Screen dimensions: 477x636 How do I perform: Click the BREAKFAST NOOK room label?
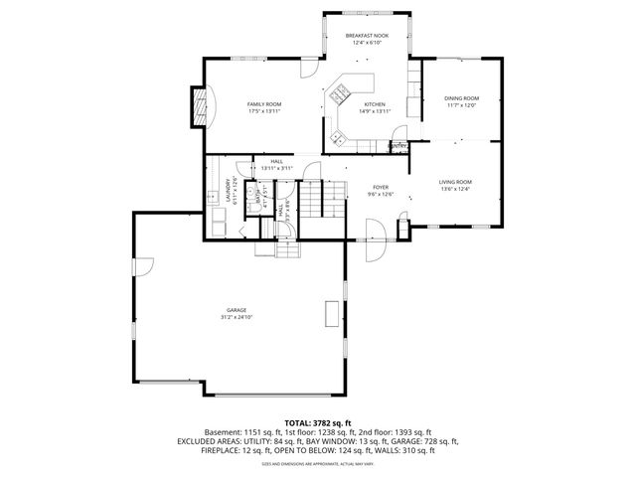click(367, 36)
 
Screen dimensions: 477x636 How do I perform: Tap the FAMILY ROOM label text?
click(264, 103)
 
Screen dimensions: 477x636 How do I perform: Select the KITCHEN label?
click(374, 104)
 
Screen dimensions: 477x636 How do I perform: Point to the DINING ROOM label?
click(461, 97)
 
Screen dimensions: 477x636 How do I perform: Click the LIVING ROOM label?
click(455, 182)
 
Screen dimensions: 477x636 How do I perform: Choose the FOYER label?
click(381, 187)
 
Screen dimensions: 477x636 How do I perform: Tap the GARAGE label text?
click(236, 310)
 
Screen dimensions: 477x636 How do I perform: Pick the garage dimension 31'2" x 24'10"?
click(236, 318)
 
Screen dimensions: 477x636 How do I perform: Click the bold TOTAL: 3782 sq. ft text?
click(317, 423)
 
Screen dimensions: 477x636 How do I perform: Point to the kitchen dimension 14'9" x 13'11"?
click(374, 111)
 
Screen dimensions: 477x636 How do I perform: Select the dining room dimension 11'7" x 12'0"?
click(461, 105)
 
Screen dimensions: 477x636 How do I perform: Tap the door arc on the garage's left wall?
click(144, 265)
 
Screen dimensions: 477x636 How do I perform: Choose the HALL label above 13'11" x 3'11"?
click(275, 161)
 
